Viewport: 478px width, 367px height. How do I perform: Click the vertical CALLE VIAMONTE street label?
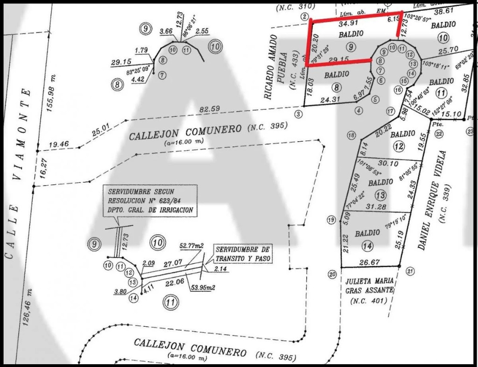[x=18, y=173]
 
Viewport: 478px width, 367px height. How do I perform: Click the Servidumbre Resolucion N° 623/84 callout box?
[x=150, y=201]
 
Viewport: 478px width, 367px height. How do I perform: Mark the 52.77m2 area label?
[x=192, y=246]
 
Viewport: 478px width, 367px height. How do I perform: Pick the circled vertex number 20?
[x=332, y=274]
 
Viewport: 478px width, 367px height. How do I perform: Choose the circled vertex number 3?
[x=298, y=114]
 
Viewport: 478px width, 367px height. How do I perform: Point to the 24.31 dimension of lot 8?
[x=331, y=99]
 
